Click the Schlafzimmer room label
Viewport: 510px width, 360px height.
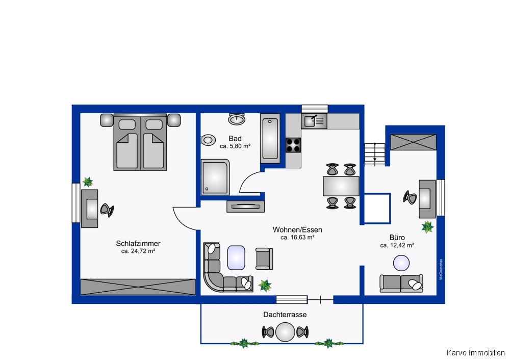(x=138, y=243)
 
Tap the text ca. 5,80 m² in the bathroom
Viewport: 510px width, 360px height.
(x=235, y=146)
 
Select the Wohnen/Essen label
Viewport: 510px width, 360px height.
(x=297, y=229)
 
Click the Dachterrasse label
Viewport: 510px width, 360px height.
(x=285, y=315)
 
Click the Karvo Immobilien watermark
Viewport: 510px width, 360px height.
(x=475, y=352)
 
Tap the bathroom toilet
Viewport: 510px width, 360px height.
(x=208, y=140)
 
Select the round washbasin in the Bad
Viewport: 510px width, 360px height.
(x=237, y=119)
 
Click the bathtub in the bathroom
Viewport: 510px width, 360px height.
(x=270, y=138)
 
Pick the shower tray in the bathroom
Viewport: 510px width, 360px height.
(x=215, y=177)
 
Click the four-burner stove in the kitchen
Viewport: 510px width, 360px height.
(x=293, y=145)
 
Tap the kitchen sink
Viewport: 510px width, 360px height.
(x=314, y=121)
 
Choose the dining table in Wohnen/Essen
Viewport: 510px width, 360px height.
(x=341, y=186)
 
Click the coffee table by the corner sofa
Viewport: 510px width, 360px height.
(x=236, y=258)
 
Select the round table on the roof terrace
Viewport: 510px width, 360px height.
(x=285, y=332)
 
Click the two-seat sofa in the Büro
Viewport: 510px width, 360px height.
(x=401, y=283)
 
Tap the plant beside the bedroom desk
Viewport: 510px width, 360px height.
(x=88, y=182)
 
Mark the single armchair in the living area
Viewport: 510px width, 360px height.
(x=264, y=259)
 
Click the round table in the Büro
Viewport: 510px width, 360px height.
(x=401, y=263)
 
